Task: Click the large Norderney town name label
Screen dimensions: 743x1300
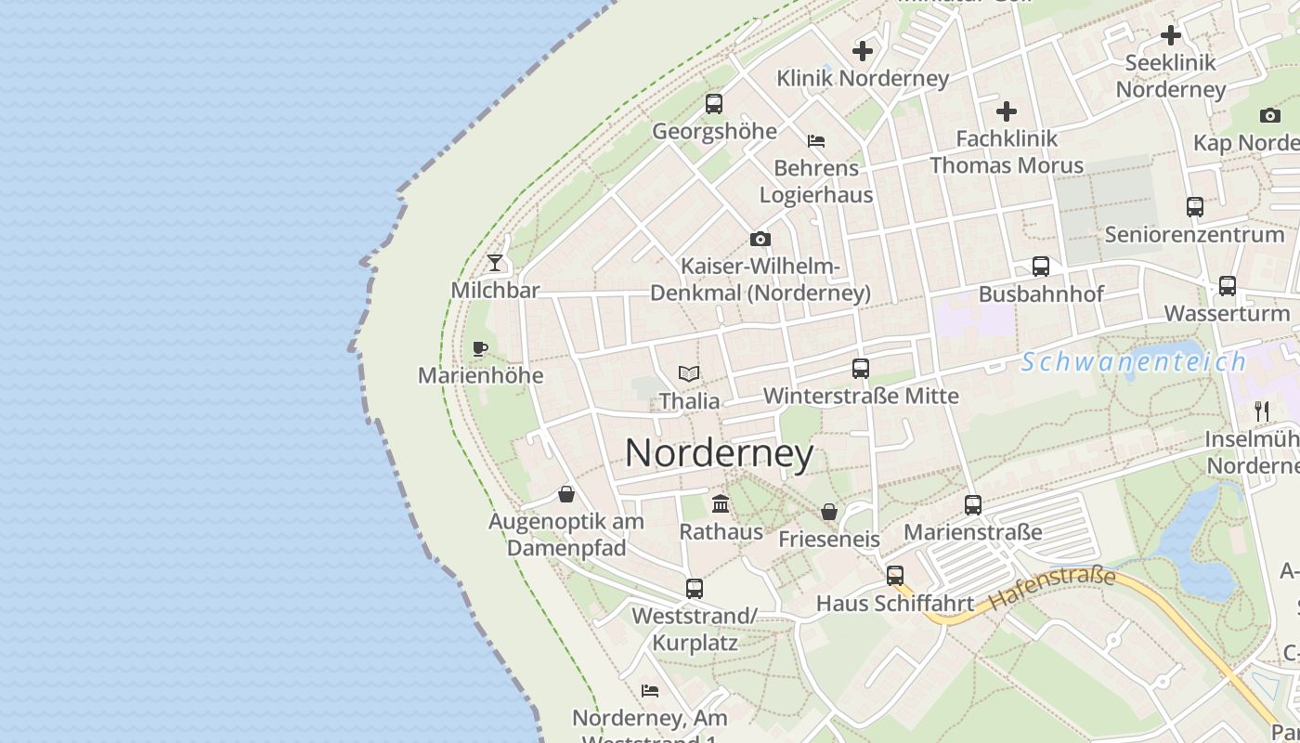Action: (720, 453)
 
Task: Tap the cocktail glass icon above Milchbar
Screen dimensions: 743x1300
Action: (495, 263)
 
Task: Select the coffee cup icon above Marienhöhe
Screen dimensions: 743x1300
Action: (480, 349)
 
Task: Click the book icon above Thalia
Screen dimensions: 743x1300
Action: (689, 373)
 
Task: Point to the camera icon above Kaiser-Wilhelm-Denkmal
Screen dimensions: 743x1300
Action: (760, 240)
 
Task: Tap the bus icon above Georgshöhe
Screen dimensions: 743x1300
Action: (714, 104)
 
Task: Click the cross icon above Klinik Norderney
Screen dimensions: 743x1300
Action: (863, 51)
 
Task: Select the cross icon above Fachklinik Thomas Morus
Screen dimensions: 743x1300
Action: (1007, 112)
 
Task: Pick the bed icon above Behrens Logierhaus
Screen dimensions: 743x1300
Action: (816, 141)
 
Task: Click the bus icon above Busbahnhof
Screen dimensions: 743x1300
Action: (1041, 267)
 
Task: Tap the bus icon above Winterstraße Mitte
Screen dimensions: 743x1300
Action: (861, 369)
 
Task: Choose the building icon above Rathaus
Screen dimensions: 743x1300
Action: (721, 504)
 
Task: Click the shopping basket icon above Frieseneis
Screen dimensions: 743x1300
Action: (828, 512)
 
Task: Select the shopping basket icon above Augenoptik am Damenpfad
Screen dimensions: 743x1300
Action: (566, 494)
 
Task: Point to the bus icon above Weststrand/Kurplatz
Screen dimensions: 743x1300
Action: (695, 588)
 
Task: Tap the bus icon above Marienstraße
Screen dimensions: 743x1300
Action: (973, 505)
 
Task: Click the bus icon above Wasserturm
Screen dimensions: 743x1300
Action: (1228, 286)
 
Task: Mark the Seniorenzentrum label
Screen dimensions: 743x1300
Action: (1194, 234)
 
